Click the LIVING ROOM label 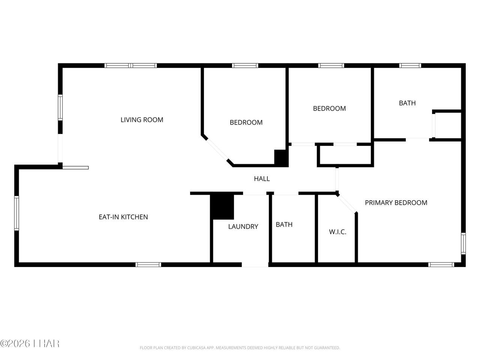click(x=142, y=120)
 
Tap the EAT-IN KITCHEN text click(x=123, y=217)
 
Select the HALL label click(x=262, y=179)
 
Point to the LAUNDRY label click(x=243, y=226)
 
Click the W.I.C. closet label click(x=337, y=232)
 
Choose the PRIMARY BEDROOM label click(x=396, y=202)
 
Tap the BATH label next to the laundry click(x=284, y=225)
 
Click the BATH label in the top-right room click(x=407, y=103)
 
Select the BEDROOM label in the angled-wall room click(x=246, y=122)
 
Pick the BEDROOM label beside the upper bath click(x=329, y=108)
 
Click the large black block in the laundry click(x=222, y=207)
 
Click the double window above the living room click(x=130, y=66)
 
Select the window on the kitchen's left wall click(x=16, y=213)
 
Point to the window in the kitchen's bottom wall click(x=148, y=265)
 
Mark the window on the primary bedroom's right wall click(x=463, y=243)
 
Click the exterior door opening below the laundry click(x=255, y=265)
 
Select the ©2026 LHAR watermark click(x=30, y=343)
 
